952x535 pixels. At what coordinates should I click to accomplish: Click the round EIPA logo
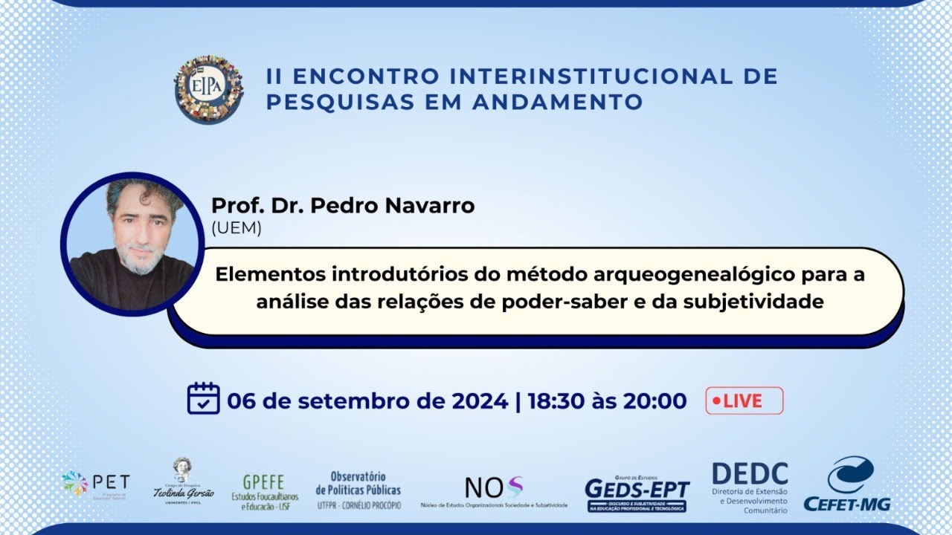tap(209, 88)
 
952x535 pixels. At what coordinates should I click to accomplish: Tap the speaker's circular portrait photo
tap(132, 244)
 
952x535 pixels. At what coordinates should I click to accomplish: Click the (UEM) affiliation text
tap(237, 229)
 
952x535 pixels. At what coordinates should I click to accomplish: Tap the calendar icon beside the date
tap(203, 399)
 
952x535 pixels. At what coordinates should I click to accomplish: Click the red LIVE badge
tap(744, 401)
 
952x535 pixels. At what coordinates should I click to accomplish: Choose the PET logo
tap(96, 484)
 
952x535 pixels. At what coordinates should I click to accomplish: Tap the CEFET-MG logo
tap(847, 484)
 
